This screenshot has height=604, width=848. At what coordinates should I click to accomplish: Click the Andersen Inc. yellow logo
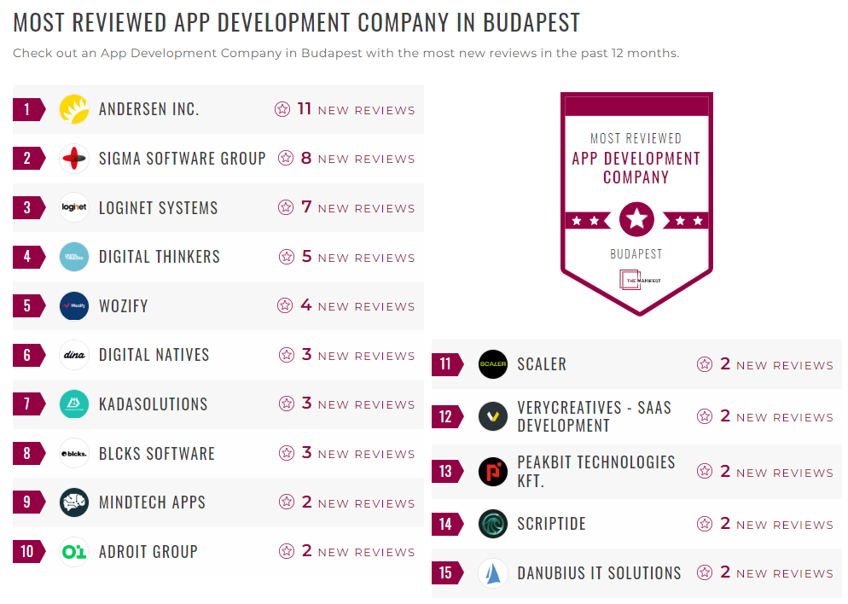pos(74,109)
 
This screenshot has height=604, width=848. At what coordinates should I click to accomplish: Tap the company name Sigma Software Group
pos(182,159)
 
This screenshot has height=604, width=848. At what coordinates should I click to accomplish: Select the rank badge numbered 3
pos(28,208)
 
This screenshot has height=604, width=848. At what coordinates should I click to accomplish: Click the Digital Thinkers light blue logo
pos(74,257)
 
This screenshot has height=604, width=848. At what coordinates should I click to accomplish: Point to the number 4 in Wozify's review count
pos(306,305)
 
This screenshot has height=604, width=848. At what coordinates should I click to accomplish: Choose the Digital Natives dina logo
pos(74,355)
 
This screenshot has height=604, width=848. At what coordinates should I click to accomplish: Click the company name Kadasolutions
pos(153,404)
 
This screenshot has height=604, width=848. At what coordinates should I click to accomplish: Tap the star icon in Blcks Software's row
pos(286,454)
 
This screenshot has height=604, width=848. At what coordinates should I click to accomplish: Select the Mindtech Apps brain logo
pos(74,502)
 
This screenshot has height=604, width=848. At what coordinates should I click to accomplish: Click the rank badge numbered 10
pos(28,552)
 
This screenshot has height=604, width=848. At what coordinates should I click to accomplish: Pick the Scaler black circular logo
pos(493,364)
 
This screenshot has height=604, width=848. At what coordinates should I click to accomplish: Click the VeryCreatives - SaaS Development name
pos(594,416)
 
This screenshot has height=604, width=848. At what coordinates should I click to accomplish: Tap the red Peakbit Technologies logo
pos(493,472)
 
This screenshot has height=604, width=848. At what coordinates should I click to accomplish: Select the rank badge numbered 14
pos(446,524)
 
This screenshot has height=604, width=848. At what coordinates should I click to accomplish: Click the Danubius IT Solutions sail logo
pos(493,573)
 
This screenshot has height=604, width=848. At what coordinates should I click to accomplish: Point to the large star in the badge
pos(636,220)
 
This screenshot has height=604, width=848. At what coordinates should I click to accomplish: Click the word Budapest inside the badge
pos(636,254)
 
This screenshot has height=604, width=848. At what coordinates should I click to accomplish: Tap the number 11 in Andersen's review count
pos(305,109)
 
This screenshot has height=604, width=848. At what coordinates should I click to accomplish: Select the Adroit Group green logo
pos(74,552)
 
